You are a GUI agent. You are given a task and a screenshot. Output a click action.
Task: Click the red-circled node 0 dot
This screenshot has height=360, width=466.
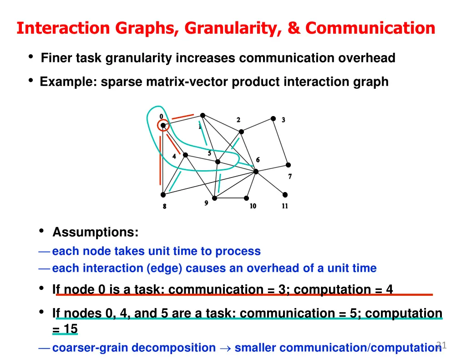coord(163,125)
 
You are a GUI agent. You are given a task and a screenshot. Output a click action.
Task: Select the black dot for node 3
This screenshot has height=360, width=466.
coord(273,118)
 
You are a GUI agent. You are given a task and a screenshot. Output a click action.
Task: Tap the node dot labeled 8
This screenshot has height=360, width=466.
coord(163,194)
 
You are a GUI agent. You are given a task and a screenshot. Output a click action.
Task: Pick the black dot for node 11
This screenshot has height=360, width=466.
coord(285,194)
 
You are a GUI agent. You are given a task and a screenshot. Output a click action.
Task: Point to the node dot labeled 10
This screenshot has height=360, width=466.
coord(246,198)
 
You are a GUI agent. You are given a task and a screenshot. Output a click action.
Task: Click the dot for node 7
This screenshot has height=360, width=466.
coord(288,165)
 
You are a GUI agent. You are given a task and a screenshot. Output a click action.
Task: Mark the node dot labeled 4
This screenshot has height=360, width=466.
coord(185,155)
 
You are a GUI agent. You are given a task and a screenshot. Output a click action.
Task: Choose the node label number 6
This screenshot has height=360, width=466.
coord(258,160)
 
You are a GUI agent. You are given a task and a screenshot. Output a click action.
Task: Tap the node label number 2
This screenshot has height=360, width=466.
coord(238,120)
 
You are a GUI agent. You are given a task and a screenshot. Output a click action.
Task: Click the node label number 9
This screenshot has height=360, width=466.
coord(206,203)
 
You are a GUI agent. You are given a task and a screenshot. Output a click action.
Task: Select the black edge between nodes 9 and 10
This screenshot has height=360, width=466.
coord(230,198)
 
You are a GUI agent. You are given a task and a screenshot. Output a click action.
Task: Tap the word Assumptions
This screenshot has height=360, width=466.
coord(95,232)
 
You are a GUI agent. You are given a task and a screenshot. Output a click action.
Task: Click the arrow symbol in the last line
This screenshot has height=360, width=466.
coord(225,348)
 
